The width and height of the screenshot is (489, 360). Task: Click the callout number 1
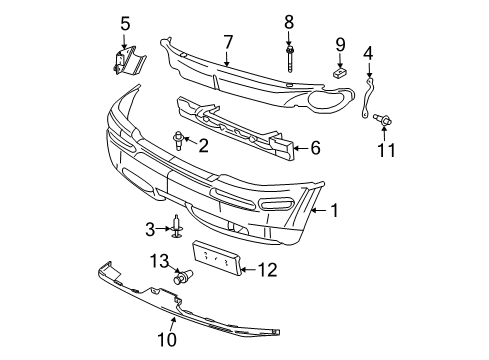(x=335, y=210)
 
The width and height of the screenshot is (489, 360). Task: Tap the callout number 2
(x=203, y=146)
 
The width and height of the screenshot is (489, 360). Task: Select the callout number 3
(x=151, y=230)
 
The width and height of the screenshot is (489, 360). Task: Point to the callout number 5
(x=126, y=23)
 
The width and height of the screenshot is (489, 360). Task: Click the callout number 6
(x=314, y=148)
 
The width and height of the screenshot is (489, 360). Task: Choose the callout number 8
(x=289, y=21)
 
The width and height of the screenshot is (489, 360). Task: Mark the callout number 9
(x=340, y=44)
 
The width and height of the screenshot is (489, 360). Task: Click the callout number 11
(x=386, y=151)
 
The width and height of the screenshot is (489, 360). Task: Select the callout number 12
(x=266, y=268)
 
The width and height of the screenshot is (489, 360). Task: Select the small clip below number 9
(x=339, y=71)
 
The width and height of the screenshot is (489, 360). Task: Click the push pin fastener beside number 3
(x=177, y=228)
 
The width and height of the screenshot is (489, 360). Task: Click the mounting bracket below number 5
(x=126, y=61)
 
